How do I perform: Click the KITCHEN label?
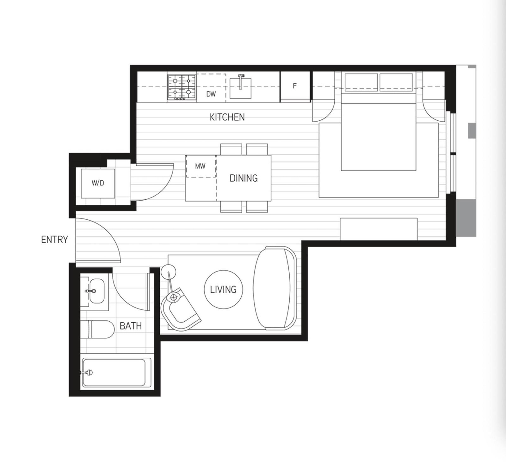pos(227,117)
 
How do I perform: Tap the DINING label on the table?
pos(244,178)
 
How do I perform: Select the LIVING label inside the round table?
pos(223,289)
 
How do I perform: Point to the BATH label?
pos(131,326)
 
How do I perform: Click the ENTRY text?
pos(54,240)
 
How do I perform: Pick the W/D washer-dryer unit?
pos(98,183)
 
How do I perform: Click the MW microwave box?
pos(201,166)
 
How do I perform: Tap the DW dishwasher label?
pos(211,94)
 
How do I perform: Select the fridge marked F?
pos(295,86)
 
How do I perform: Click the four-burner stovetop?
pos(182,87)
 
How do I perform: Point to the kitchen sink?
pos(241,87)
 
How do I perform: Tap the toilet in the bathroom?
pos(98,330)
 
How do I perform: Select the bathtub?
pos(114,372)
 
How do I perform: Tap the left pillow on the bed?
pos(361,82)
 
